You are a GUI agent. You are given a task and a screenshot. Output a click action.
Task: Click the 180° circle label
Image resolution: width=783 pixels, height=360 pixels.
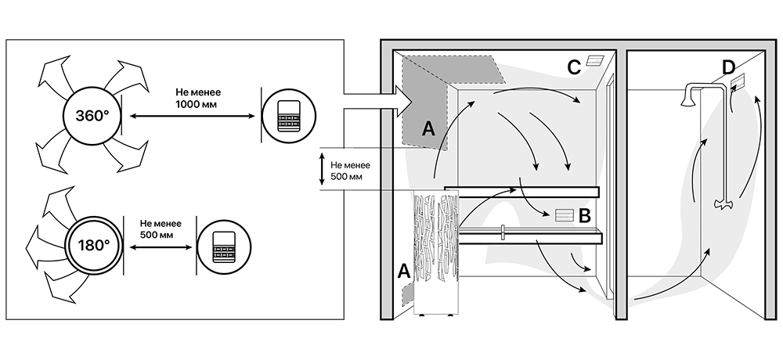pyautogui.click(x=94, y=246)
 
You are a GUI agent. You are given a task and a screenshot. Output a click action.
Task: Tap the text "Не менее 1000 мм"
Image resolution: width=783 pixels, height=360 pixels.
pyautogui.click(x=198, y=99)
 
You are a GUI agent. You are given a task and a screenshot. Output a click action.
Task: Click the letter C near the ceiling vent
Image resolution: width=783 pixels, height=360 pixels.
pyautogui.click(x=574, y=67)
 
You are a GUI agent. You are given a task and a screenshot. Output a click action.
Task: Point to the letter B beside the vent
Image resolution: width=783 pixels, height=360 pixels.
pyautogui.click(x=585, y=216)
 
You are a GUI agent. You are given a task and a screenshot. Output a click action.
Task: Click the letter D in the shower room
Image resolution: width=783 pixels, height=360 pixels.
pyautogui.click(x=728, y=67)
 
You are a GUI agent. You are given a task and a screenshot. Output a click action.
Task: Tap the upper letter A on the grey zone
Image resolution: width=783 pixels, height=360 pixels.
pyautogui.click(x=428, y=129)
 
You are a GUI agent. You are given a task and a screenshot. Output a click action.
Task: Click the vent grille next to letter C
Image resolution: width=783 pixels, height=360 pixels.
pyautogui.click(x=596, y=60)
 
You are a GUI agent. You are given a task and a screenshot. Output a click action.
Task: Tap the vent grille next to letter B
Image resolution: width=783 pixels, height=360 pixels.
pyautogui.click(x=564, y=216)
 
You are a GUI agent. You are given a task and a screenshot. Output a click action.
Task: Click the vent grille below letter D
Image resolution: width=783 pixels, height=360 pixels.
pyautogui.click(x=738, y=81)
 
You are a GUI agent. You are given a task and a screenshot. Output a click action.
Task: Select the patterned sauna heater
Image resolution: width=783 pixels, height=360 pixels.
pyautogui.click(x=436, y=253)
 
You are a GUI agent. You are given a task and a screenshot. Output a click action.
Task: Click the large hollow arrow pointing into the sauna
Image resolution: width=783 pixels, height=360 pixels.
pyautogui.click(x=377, y=102)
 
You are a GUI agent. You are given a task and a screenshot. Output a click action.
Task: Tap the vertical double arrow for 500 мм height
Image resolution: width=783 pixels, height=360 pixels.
pyautogui.click(x=322, y=169)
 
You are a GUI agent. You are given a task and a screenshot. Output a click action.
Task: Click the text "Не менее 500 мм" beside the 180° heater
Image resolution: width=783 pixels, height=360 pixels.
pyautogui.click(x=161, y=229)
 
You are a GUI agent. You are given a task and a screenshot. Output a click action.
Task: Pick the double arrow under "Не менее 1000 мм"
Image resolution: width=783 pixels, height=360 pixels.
pyautogui.click(x=193, y=117)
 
